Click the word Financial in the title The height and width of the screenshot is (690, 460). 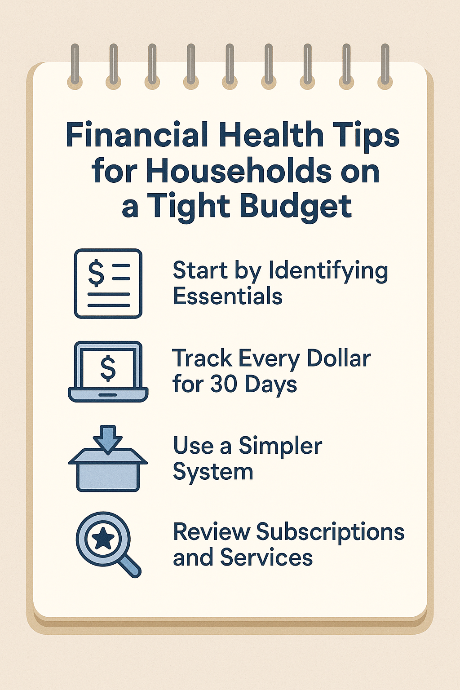137,135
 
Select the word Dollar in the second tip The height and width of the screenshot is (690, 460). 339,358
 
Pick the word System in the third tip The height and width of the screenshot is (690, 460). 212,472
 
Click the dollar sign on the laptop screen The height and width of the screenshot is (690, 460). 108,367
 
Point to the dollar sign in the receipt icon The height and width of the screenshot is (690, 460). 96,273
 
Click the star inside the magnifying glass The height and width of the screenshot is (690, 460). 103,539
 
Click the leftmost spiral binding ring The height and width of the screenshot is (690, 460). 75,65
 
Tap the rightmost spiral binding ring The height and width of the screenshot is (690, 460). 385,65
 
